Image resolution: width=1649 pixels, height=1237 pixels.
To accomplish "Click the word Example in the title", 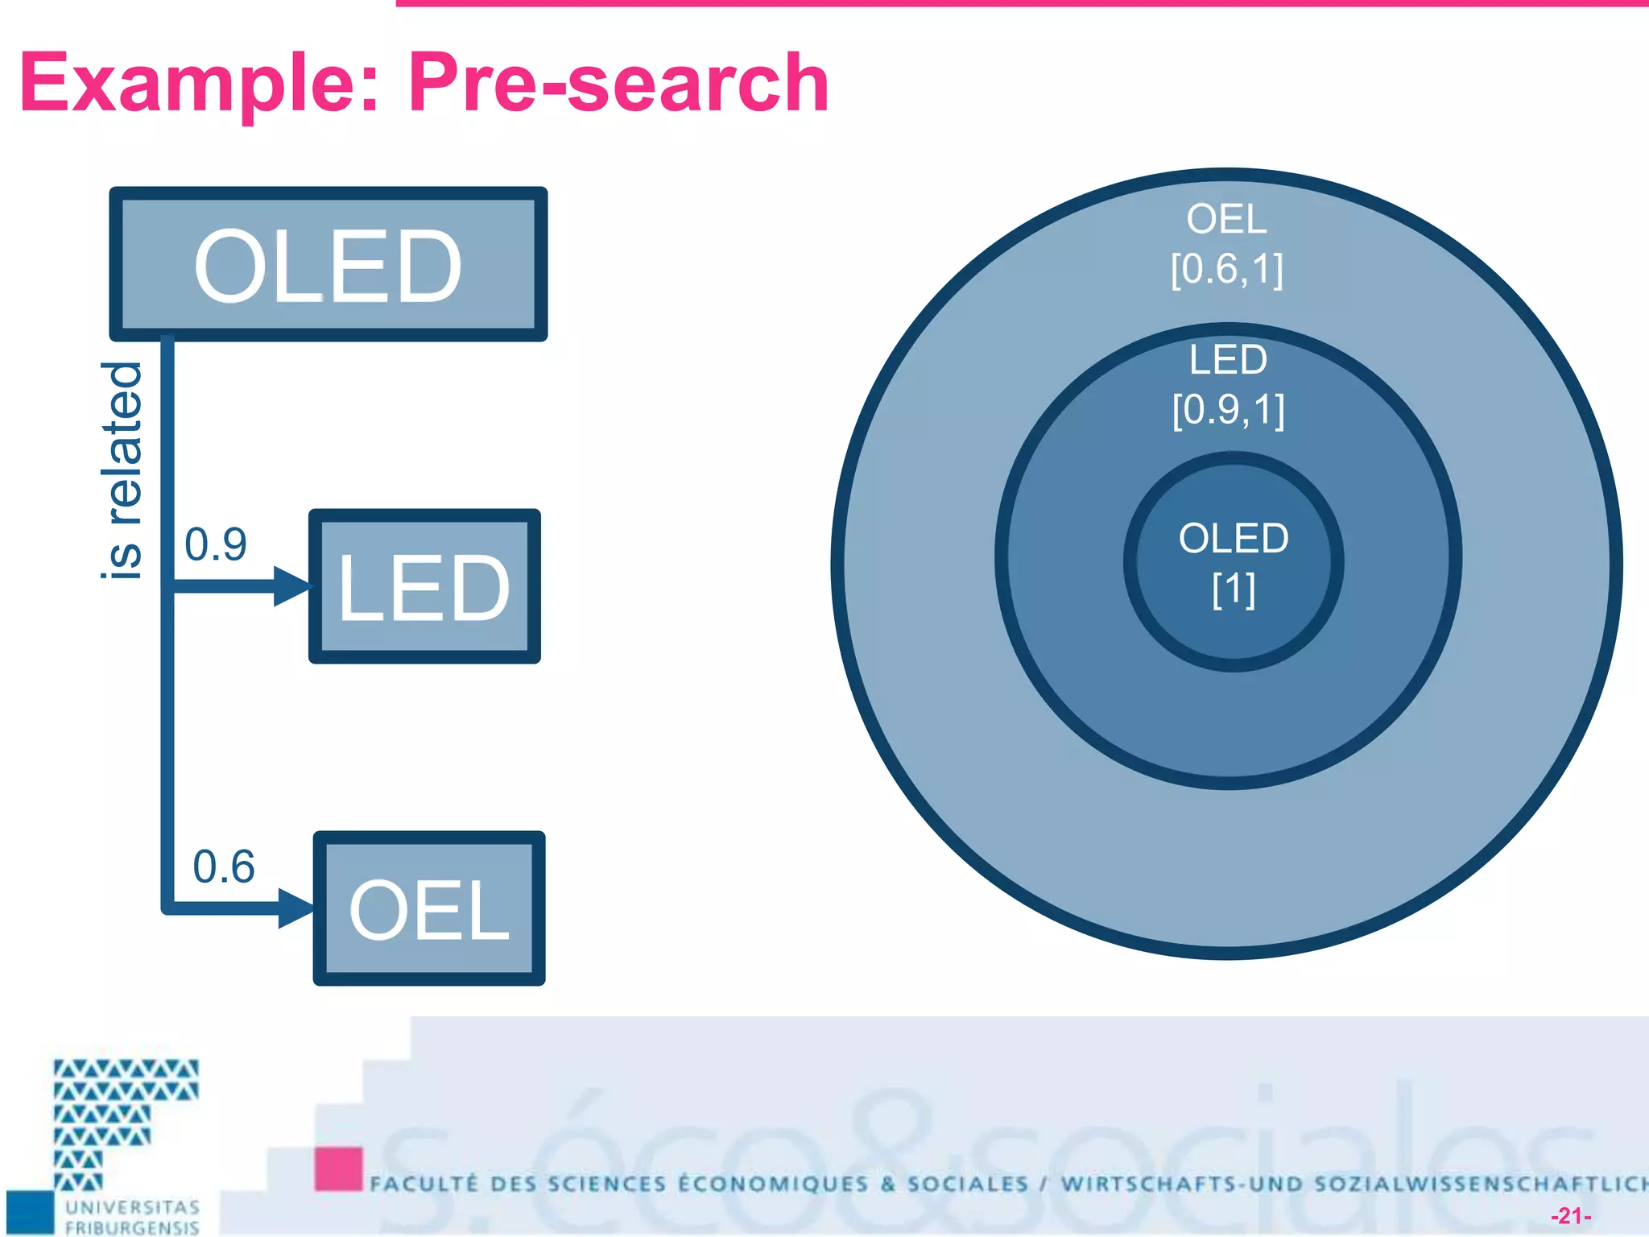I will click(197, 83).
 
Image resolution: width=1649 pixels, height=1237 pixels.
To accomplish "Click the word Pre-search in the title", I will click(618, 83).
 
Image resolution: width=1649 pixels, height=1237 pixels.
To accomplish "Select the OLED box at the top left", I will click(328, 264).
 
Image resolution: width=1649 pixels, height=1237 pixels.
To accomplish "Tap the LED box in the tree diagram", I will click(424, 586).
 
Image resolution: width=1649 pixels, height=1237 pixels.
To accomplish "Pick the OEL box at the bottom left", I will click(428, 908).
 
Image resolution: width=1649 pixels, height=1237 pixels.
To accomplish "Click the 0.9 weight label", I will click(215, 544).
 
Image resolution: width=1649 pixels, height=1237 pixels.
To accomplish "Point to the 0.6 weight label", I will click(223, 867).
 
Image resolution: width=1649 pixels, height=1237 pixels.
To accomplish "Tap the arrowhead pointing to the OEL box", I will click(295, 908).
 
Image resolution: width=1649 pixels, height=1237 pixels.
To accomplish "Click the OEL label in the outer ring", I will click(1226, 219).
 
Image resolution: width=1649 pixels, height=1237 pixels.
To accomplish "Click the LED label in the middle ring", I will click(1228, 359).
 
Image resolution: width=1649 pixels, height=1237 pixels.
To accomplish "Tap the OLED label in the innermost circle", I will click(1233, 538).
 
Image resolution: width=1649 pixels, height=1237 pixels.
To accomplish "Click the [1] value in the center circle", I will click(1233, 590).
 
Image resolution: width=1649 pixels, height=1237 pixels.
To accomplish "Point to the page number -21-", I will click(1570, 1215).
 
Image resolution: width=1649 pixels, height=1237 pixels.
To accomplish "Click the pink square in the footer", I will click(338, 1169).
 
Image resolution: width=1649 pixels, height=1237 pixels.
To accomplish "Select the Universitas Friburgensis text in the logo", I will click(132, 1217).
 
